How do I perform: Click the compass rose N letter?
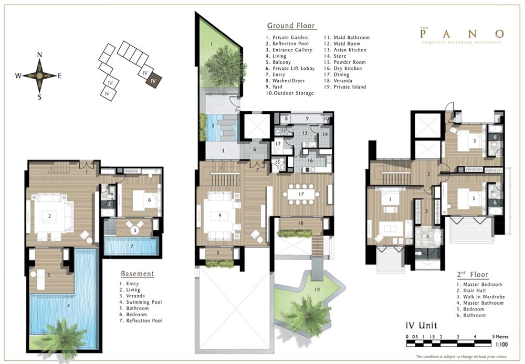[39, 55]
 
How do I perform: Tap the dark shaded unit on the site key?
[154, 81]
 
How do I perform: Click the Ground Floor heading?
[291, 25]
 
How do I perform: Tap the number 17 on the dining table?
[301, 194]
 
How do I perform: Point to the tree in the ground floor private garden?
[224, 66]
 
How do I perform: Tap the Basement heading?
[138, 274]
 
